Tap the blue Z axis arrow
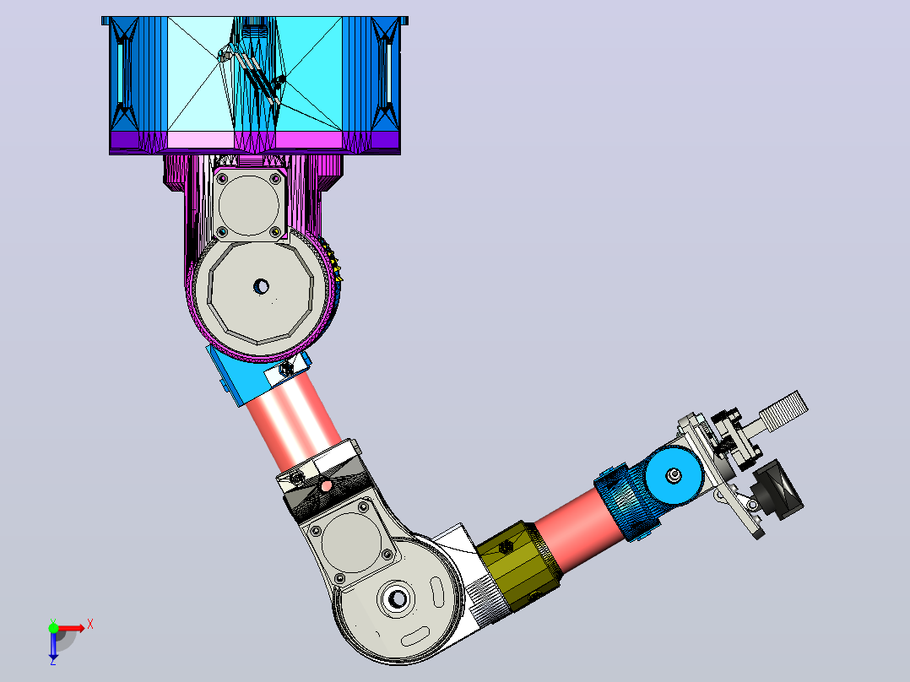53,646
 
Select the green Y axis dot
53,628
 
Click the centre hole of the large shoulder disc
261,286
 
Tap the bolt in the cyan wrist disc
674,476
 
